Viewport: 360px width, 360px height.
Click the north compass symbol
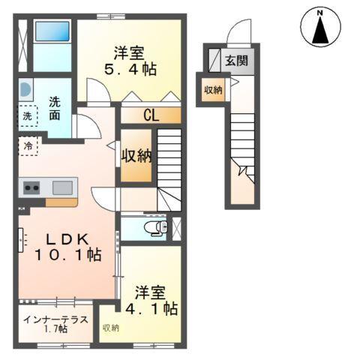[320, 28]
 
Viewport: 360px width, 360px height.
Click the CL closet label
[150, 115]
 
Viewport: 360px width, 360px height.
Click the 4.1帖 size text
[156, 307]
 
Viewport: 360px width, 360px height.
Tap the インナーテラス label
[55, 319]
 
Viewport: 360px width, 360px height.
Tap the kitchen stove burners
[31, 187]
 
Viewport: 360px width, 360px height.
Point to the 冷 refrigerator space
[28, 145]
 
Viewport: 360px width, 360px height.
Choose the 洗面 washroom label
[55, 109]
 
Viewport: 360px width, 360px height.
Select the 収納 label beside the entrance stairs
[212, 90]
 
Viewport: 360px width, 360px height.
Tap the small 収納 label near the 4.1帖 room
[110, 328]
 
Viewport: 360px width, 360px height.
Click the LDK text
[68, 239]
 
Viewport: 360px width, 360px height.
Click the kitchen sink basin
[62, 186]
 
